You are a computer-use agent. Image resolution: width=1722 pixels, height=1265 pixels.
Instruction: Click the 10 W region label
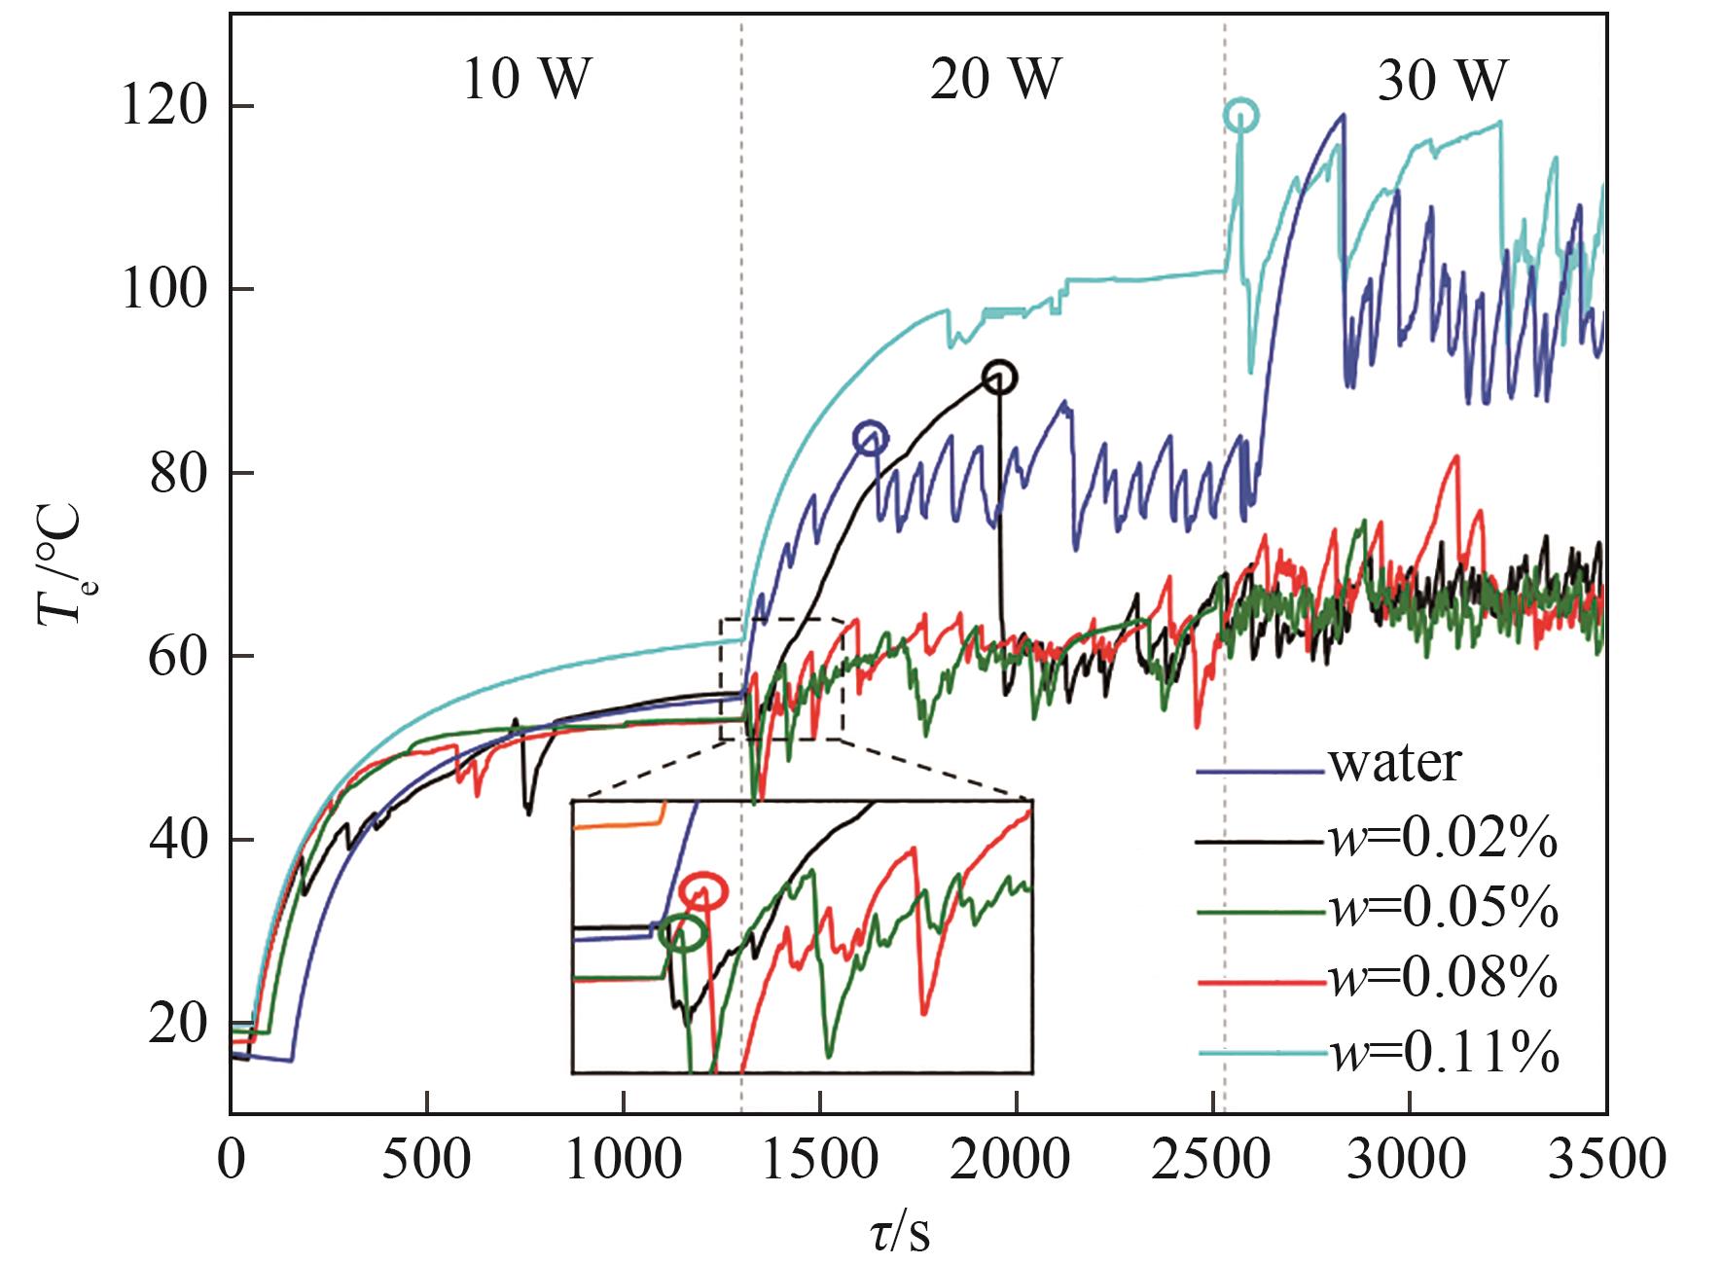(x=525, y=80)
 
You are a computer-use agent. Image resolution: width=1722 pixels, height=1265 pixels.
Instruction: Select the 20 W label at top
(x=993, y=80)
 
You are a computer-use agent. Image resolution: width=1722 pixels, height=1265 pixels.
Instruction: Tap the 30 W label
(x=1441, y=80)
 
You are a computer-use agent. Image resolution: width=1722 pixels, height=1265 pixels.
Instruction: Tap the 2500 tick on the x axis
(x=1212, y=1163)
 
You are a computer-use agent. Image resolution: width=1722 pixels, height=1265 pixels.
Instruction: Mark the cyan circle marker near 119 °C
(x=1240, y=115)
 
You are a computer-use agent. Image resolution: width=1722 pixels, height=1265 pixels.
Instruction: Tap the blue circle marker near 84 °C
(x=871, y=438)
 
